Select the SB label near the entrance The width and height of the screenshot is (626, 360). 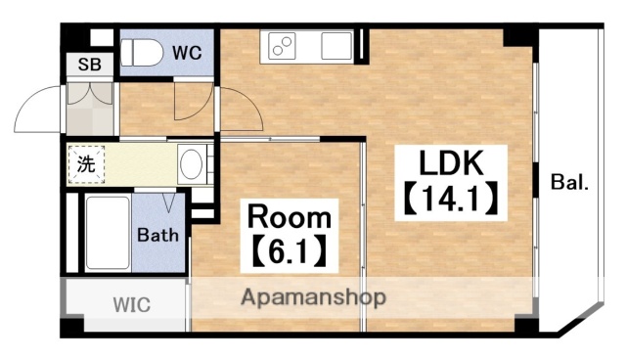(89, 66)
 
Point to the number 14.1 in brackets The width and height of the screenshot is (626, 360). (451, 201)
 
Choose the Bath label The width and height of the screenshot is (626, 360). (156, 235)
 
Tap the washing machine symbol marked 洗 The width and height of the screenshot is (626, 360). (86, 164)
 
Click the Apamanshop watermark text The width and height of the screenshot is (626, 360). (313, 296)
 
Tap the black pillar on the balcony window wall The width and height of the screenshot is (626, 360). (539, 183)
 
